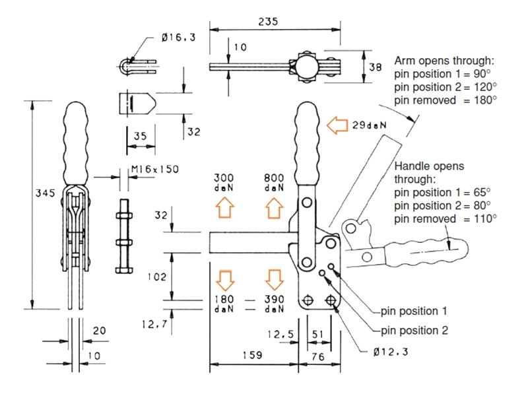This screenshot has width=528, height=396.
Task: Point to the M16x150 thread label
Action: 154,170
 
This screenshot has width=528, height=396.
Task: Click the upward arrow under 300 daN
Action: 225,209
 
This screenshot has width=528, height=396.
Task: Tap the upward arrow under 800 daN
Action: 274,209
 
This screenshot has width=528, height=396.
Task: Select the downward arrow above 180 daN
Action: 225,279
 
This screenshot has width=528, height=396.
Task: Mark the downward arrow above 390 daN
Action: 274,279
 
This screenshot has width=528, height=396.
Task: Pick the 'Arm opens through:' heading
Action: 444,61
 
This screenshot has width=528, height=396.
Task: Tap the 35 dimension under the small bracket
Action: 139,136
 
